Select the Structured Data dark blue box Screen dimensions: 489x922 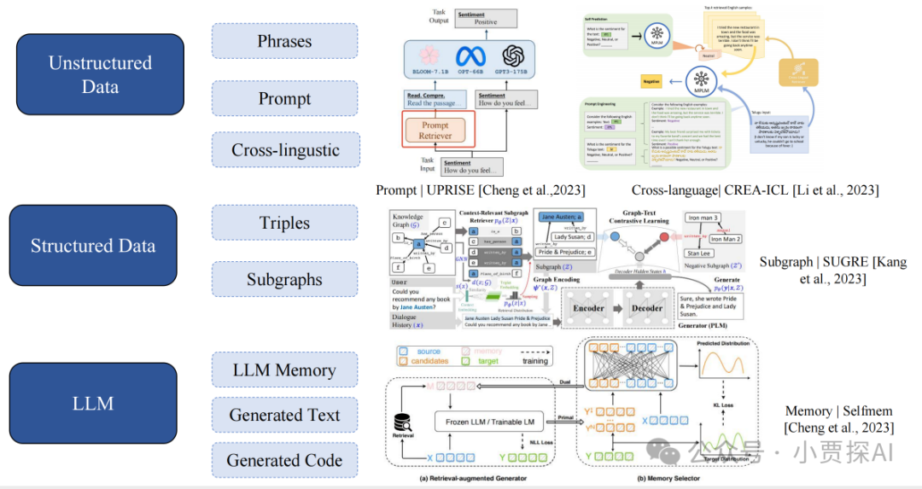pos(92,246)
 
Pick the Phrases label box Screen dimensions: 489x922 pos(284,41)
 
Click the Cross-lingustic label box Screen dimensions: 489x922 pos(284,150)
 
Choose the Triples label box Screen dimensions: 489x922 pos(284,223)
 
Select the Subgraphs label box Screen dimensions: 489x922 pos(284,279)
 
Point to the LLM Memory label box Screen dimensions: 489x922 pos(284,371)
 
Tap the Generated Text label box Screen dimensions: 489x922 pos(284,416)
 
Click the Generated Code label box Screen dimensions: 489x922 pos(284,461)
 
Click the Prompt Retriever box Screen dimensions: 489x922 pos(435,130)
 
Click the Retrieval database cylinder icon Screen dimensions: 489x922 pos(402,422)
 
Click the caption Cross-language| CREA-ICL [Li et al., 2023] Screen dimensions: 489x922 pos(755,189)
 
